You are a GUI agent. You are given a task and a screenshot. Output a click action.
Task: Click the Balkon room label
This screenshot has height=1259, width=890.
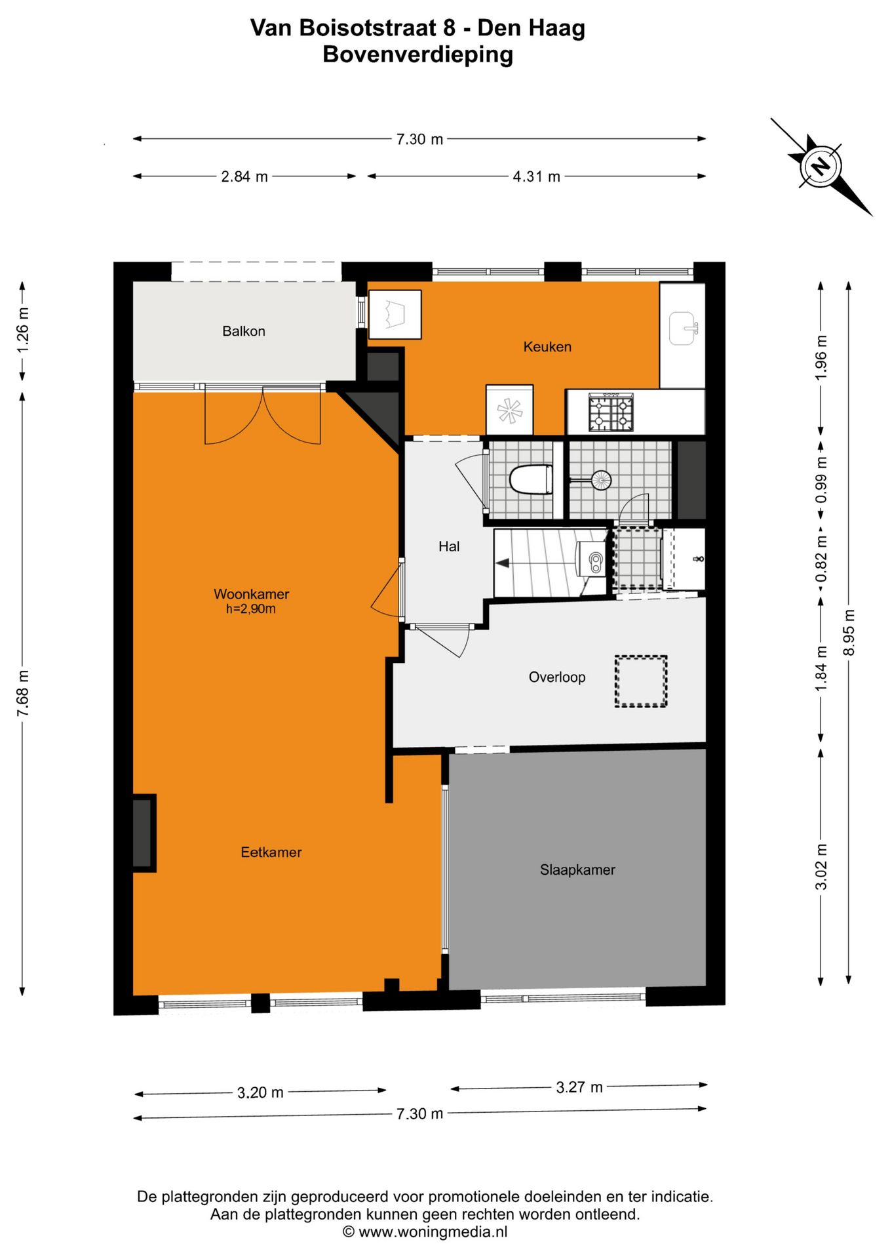coord(243,331)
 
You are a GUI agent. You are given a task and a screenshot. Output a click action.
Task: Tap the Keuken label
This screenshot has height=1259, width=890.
coord(547,347)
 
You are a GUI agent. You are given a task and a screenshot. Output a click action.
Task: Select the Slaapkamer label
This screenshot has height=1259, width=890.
coord(577,869)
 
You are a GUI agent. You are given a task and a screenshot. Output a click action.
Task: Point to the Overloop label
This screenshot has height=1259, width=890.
coord(556,677)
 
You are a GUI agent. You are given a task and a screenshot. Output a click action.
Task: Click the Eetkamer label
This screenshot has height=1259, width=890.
coord(271,852)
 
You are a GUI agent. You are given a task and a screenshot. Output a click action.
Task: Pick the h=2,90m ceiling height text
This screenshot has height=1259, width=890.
coord(250,609)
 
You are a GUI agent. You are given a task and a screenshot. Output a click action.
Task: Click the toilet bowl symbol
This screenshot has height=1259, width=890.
coord(531,479)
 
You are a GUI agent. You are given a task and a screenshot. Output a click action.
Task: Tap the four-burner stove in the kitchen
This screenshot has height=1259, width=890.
coord(611,412)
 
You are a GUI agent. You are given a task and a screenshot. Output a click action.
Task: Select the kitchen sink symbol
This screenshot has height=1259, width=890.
coord(682,329)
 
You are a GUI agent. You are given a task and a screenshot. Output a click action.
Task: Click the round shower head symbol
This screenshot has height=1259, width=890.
coord(600,480)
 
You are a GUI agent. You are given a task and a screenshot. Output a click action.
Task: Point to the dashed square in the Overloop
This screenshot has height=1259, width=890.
coord(640,681)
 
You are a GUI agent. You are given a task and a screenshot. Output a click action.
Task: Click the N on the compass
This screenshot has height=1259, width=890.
coord(821,166)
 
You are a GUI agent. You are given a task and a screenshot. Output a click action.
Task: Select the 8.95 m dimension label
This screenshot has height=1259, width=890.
coord(849,632)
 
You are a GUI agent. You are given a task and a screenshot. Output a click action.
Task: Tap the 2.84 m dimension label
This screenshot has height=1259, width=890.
coord(244,176)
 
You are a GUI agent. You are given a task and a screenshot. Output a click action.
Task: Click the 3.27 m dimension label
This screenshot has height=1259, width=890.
coord(579,1087)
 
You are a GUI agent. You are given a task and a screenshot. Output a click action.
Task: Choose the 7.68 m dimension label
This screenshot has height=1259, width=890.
coord(23,693)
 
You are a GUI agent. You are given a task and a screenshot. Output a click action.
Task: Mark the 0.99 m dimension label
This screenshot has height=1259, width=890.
coord(821,480)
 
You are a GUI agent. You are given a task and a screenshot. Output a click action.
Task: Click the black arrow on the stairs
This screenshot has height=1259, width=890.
coord(503,563)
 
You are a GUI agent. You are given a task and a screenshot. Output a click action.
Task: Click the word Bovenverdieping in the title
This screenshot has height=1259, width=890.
coord(417,54)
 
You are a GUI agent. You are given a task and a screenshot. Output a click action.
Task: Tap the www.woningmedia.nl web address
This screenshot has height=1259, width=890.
coord(433,1232)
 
